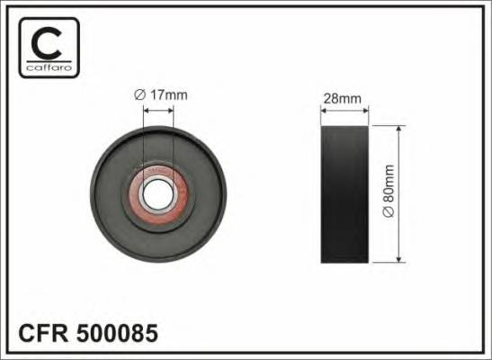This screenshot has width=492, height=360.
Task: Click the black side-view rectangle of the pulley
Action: [344, 194]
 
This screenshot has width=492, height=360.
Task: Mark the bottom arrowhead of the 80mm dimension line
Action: [398, 260]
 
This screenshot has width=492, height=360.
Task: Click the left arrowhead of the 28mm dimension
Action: [324, 111]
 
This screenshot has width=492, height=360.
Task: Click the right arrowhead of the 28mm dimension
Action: [365, 111]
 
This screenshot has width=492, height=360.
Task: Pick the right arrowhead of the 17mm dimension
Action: [172, 112]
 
